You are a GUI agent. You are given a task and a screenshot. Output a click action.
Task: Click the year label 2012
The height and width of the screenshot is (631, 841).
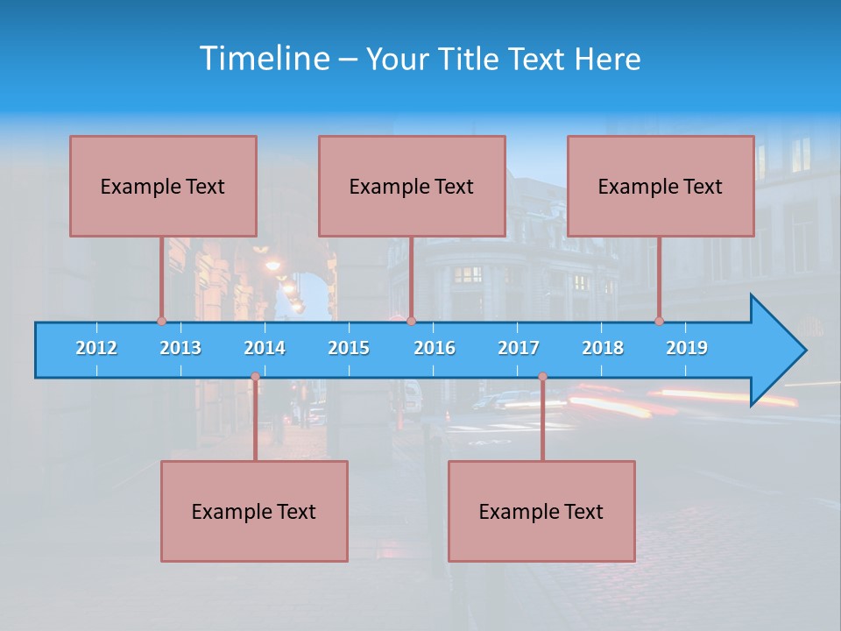[x=96, y=348]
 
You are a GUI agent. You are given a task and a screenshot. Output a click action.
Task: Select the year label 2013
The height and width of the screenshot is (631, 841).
[x=180, y=348]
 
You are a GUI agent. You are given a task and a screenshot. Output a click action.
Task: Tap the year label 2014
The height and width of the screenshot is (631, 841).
[x=265, y=348]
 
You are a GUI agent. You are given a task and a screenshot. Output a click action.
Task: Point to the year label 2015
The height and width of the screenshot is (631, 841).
[x=349, y=348]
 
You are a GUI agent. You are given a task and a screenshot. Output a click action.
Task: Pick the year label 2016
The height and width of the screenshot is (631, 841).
[x=435, y=348]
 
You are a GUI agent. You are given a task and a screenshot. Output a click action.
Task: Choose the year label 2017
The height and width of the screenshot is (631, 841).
[x=519, y=348]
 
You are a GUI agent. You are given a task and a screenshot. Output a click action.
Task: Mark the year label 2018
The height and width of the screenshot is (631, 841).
[x=603, y=348]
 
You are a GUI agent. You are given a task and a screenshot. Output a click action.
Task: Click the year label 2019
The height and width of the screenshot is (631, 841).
[x=687, y=348]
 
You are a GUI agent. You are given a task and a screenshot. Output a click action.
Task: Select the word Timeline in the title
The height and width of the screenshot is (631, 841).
[x=264, y=59]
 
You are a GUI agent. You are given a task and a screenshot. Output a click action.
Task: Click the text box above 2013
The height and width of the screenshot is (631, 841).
[x=163, y=186]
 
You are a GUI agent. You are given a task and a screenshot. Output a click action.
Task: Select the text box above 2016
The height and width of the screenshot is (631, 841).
[x=412, y=186]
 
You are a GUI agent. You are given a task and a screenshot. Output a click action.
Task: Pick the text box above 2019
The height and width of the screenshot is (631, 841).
[x=661, y=186]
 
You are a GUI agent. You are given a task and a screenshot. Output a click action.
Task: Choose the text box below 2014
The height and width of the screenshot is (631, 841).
[x=254, y=511]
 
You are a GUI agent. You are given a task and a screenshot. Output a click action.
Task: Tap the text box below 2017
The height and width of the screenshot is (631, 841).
[x=541, y=511]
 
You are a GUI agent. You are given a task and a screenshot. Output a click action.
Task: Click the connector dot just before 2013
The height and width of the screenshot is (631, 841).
[x=161, y=321]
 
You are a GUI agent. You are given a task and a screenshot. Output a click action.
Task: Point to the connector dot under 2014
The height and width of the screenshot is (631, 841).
[x=255, y=377]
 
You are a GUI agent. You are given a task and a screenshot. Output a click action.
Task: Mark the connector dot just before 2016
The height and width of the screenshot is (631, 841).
[x=411, y=321]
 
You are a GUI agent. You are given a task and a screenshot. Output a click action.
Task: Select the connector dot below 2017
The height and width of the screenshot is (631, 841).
[x=542, y=377]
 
